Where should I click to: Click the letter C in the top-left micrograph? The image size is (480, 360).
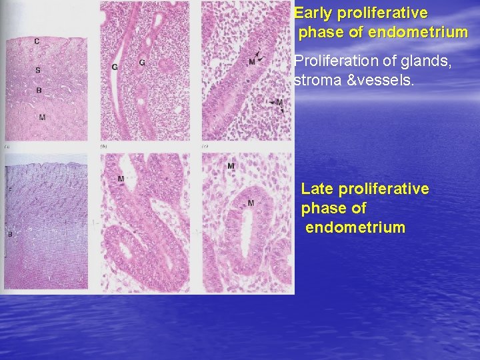pyautogui.click(x=37, y=42)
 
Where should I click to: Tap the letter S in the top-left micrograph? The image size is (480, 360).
pyautogui.click(x=38, y=70)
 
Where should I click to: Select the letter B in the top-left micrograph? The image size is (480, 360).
pyautogui.click(x=39, y=90)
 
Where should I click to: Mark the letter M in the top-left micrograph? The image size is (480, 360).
pyautogui.click(x=42, y=117)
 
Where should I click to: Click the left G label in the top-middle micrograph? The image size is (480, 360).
pyautogui.click(x=115, y=66)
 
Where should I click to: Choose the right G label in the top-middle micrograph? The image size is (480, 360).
pyautogui.click(x=142, y=63)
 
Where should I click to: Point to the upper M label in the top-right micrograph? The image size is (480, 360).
pyautogui.click(x=252, y=62)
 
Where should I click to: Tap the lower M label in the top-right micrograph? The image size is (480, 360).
pyautogui.click(x=279, y=103)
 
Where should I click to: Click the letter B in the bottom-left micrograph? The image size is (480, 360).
pyautogui.click(x=9, y=234)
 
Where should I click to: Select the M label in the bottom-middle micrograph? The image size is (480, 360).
pyautogui.click(x=121, y=179)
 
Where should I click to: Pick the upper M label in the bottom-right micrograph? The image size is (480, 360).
pyautogui.click(x=231, y=165)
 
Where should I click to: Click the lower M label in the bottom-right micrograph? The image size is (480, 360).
pyautogui.click(x=251, y=203)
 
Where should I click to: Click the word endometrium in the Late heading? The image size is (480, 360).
pyautogui.click(x=355, y=228)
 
